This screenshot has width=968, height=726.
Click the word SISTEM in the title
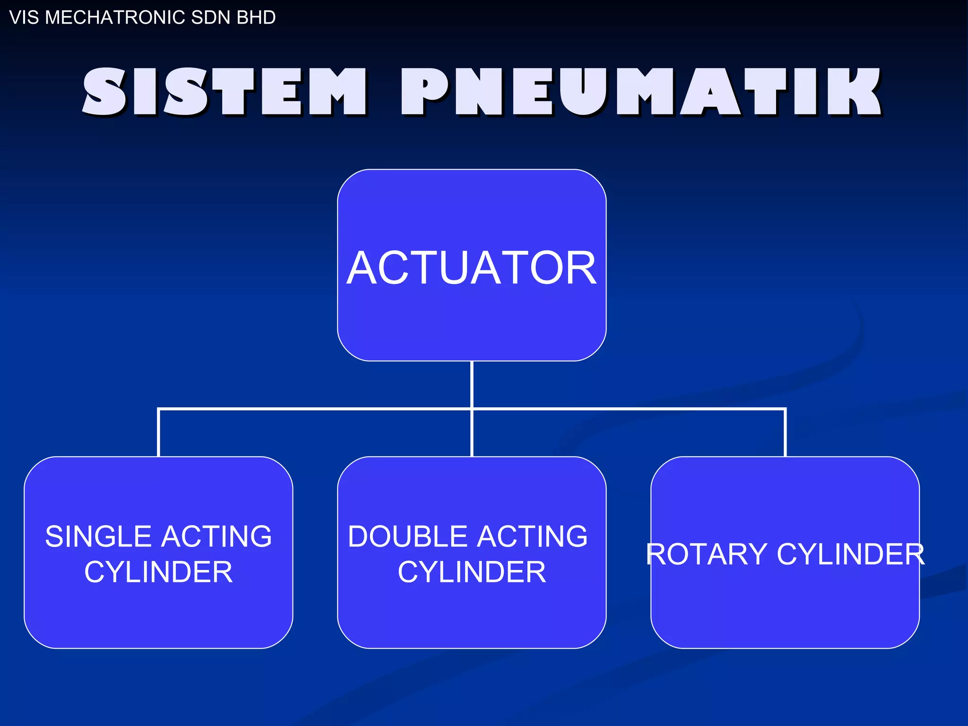(225, 92)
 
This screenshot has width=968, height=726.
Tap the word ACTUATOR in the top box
(472, 268)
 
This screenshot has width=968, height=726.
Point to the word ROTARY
(706, 554)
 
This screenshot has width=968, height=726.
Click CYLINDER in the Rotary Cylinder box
(850, 554)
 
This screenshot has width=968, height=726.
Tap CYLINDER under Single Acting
(158, 572)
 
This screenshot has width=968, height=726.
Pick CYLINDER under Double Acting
(472, 572)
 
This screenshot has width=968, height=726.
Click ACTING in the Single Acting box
(217, 536)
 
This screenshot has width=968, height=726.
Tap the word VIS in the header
(25, 17)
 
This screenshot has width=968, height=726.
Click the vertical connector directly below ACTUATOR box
(472, 384)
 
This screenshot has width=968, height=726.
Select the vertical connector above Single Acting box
(158, 432)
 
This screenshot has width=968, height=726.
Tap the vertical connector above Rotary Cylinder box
(785, 432)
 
